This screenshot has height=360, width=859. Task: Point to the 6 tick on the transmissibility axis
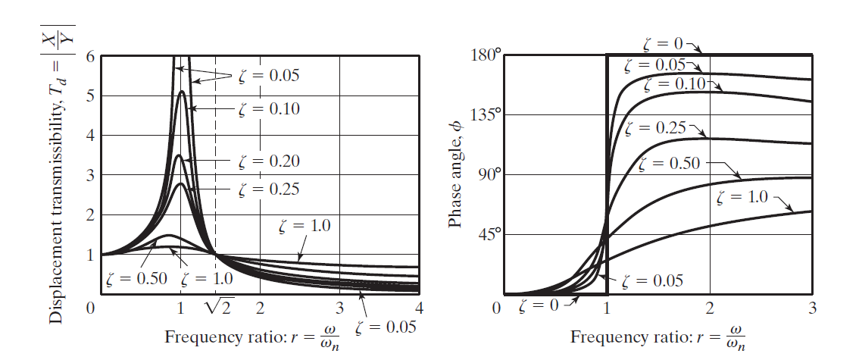(91, 57)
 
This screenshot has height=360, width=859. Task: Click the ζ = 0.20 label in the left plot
(269, 161)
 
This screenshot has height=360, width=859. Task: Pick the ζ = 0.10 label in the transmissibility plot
(269, 109)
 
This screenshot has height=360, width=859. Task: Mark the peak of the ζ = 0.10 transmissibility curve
(181, 92)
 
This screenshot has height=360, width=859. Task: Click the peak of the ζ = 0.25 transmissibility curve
(180, 183)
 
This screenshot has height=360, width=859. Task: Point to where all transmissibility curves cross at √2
(216, 255)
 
